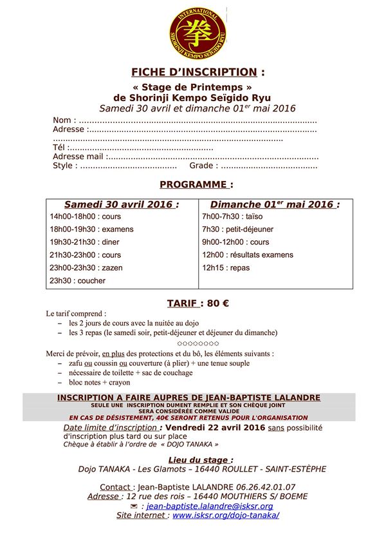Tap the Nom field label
pyautogui.click(x=62, y=120)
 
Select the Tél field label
pyautogui.click(x=59, y=148)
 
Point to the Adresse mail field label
pyautogui.click(x=78, y=157)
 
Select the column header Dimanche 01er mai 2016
pyautogui.click(x=275, y=204)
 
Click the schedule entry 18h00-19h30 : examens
pyautogui.click(x=91, y=229)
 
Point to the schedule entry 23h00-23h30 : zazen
pyautogui.click(x=86, y=268)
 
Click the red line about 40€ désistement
pyautogui.click(x=193, y=417)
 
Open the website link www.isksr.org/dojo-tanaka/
pyautogui.click(x=225, y=515)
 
